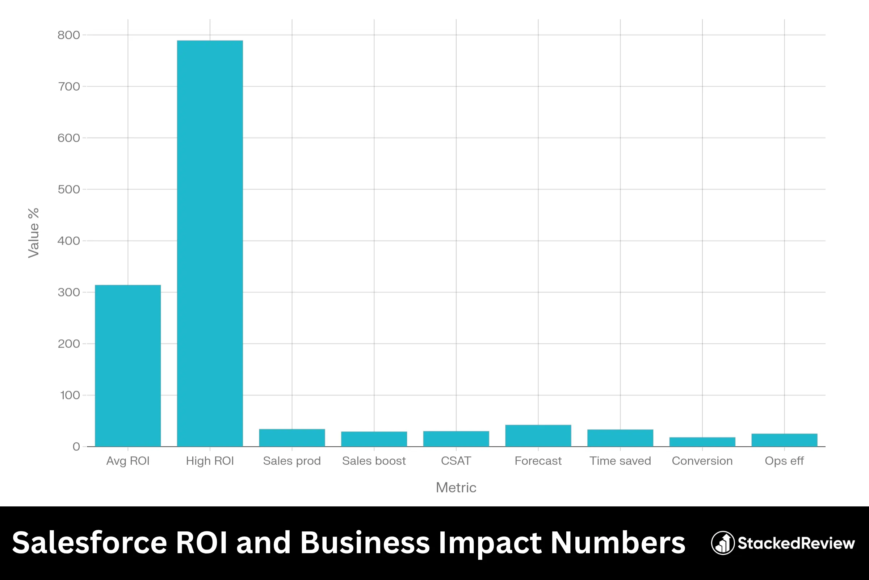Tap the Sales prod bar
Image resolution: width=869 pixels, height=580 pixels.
pos(292,438)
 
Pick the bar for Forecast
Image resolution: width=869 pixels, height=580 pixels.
pos(538,436)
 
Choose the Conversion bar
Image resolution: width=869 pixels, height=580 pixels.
pos(702,442)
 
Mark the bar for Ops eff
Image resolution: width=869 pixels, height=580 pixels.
pos(784,440)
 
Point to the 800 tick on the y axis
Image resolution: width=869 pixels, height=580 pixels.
pos(69,35)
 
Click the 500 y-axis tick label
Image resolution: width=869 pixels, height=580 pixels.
pos(69,189)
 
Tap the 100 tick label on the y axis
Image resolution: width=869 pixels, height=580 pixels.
pos(70,395)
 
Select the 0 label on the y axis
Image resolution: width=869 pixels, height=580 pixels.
pos(76,447)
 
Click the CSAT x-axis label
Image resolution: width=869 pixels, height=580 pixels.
pos(456,461)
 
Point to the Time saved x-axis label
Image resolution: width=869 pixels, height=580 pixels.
pos(620,461)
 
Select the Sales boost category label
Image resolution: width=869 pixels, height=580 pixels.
pos(374,461)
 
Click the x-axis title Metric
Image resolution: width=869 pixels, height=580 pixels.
pos(456,488)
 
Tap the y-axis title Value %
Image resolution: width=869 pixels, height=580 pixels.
pos(34,233)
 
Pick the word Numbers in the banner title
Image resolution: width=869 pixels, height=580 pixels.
pos(618,543)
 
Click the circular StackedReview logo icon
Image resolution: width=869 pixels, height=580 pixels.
pos(722,543)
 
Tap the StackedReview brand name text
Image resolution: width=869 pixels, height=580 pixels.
pos(796,543)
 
